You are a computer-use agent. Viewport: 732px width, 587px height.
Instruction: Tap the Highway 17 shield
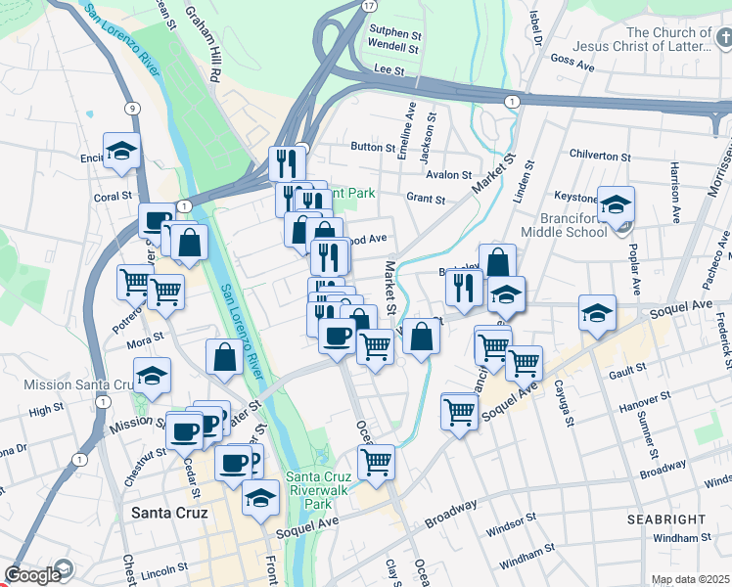367,6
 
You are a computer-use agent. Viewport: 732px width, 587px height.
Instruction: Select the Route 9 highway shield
131,109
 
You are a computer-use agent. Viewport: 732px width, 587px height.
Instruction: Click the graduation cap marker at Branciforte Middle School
617,205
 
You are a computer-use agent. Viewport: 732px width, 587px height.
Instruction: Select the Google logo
32,575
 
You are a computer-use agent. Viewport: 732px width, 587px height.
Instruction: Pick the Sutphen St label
394,30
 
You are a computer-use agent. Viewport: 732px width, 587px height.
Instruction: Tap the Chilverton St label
600,157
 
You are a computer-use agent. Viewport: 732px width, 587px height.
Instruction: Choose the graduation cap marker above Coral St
121,152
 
